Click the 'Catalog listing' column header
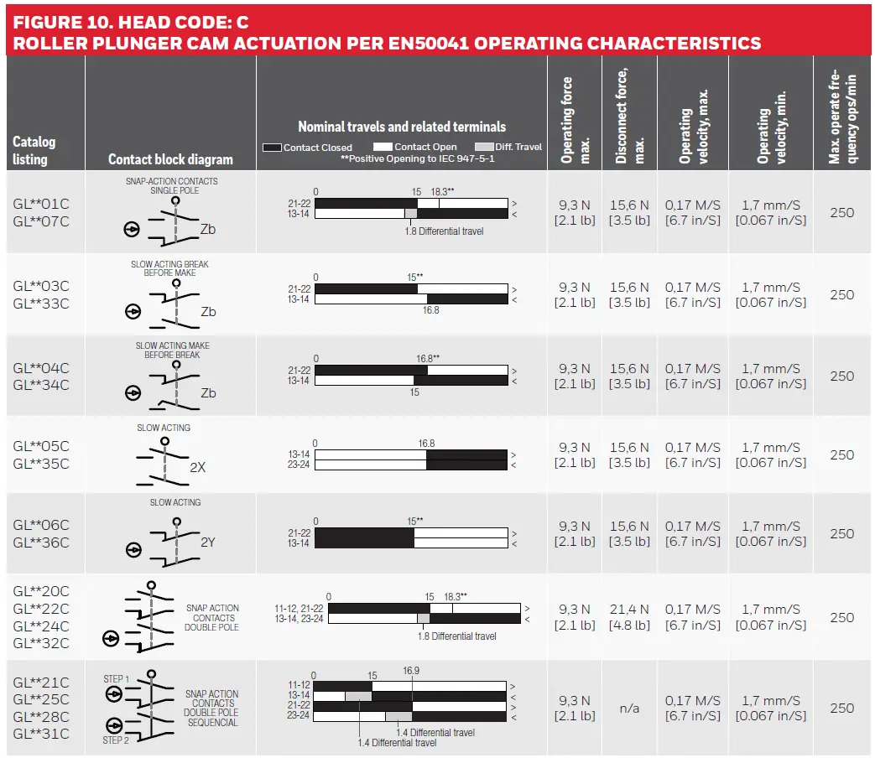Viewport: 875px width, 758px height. [x=34, y=150]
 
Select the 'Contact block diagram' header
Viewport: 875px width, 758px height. [x=170, y=159]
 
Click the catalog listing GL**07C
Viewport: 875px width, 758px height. [x=41, y=221]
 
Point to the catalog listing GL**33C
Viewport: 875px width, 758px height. [x=41, y=304]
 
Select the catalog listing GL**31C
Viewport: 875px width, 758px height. [x=41, y=735]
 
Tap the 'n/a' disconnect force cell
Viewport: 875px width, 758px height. [x=629, y=709]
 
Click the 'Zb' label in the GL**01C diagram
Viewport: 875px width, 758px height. [x=208, y=229]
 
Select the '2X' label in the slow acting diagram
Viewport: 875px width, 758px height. [x=197, y=468]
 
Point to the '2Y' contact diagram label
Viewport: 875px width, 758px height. [x=208, y=543]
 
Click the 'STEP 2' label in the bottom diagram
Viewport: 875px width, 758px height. [x=116, y=740]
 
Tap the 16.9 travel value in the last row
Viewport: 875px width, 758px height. [x=411, y=671]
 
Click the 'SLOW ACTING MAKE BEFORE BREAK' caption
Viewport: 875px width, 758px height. [x=173, y=350]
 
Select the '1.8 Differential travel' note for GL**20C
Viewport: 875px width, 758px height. [x=457, y=636]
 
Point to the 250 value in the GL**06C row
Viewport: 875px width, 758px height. [x=842, y=534]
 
